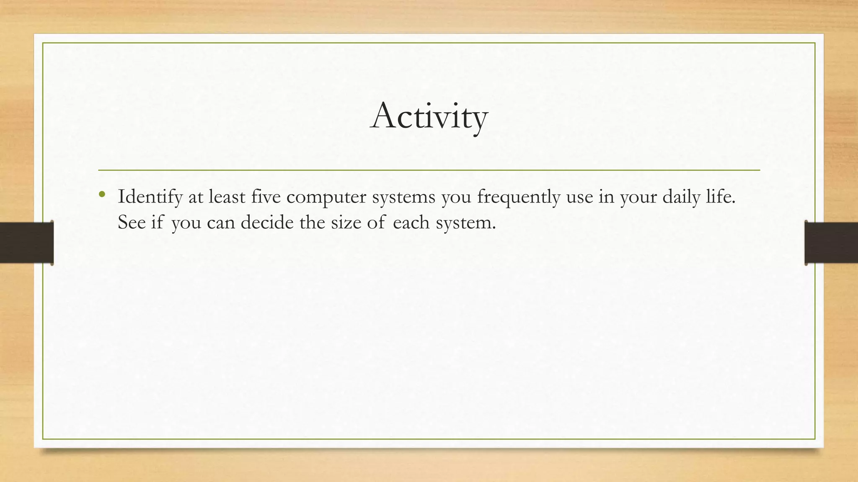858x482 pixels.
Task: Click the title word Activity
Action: [x=429, y=116]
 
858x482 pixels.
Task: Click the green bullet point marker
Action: [x=101, y=194]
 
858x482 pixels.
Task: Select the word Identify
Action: [x=150, y=197]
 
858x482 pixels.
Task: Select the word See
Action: [x=131, y=222]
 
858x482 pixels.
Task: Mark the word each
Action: [x=411, y=222]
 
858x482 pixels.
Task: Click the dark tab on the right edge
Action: [x=831, y=243]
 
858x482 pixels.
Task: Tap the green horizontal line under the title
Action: [x=429, y=170]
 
